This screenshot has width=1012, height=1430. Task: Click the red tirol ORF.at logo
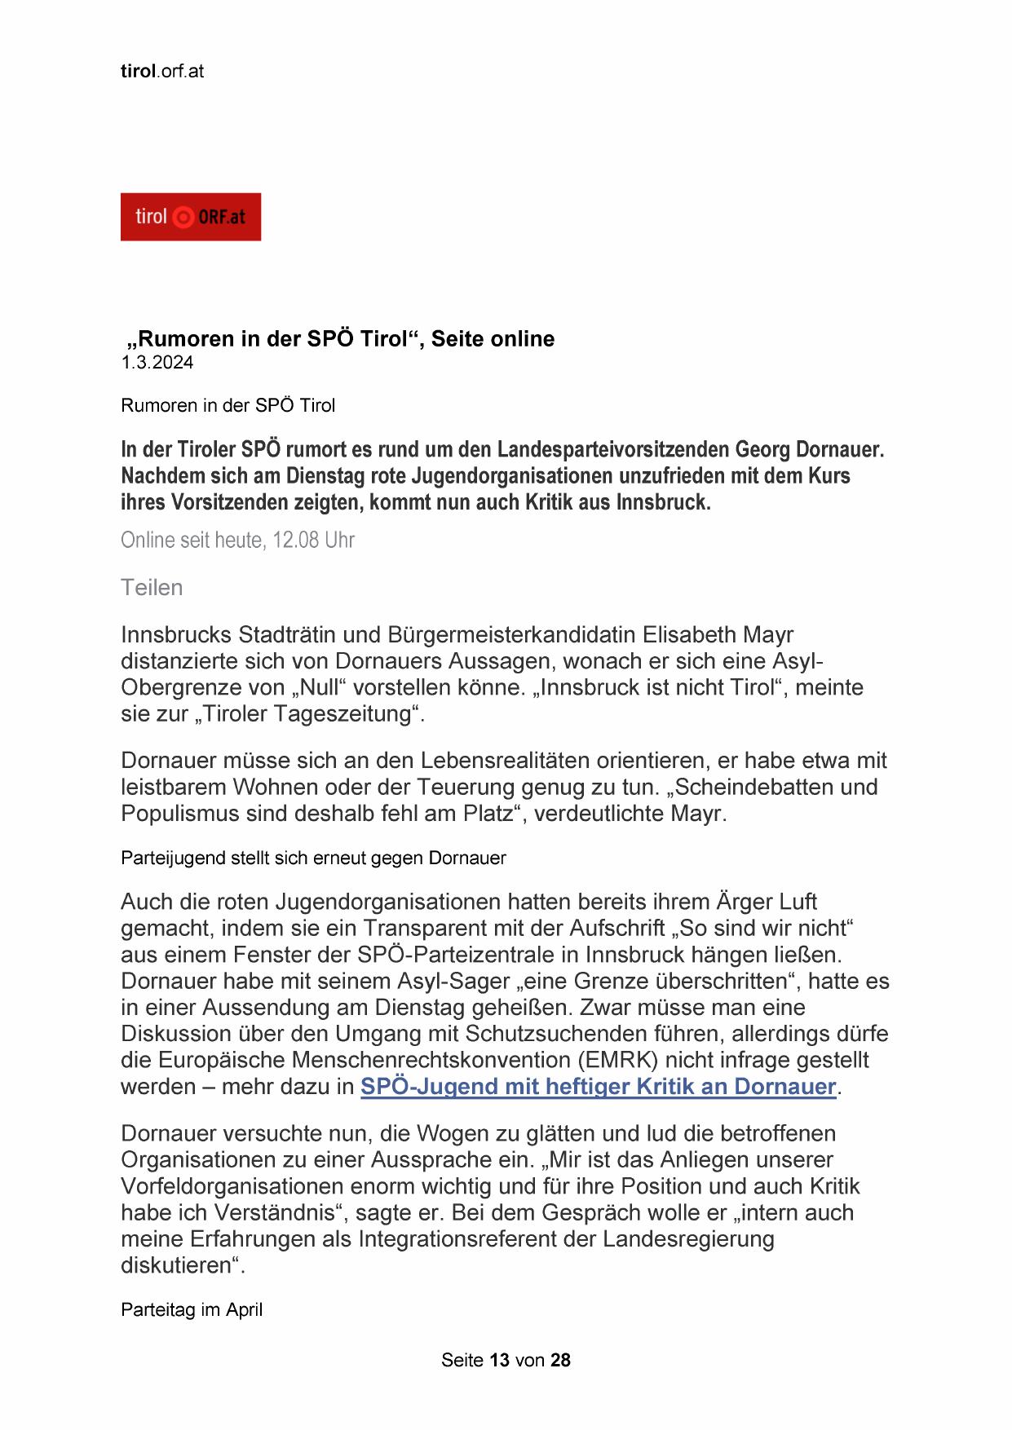pos(190,217)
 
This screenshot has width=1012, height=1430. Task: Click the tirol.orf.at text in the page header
pos(162,71)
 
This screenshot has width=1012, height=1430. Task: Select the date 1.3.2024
pos(157,363)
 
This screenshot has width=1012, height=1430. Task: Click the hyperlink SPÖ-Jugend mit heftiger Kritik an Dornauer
pos(598,1087)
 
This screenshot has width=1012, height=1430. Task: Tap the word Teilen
pos(152,588)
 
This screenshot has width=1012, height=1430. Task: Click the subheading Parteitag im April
pos(192,1310)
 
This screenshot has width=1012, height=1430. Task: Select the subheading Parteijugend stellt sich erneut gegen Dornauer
pos(313,858)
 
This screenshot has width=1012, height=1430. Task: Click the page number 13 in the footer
pos(500,1360)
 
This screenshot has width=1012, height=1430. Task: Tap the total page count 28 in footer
pos(560,1360)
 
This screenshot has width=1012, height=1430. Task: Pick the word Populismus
pos(181,814)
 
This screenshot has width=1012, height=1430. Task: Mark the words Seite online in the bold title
pos(493,339)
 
